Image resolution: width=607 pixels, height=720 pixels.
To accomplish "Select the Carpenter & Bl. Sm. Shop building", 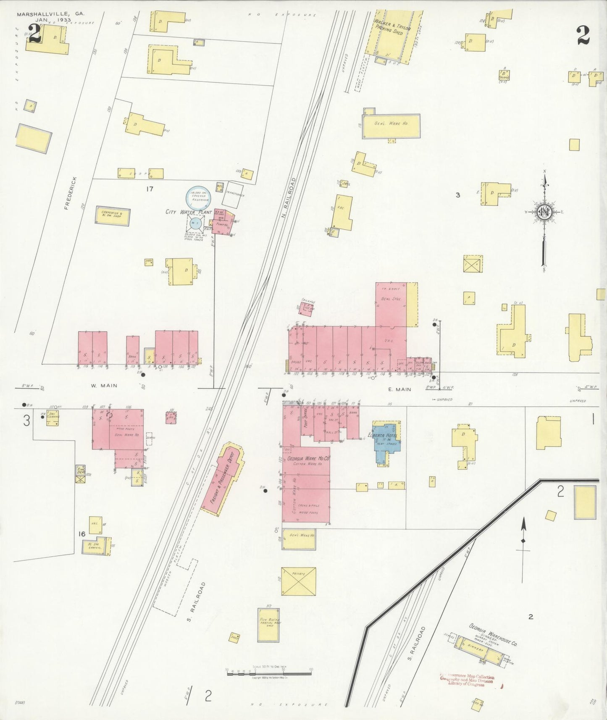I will [x=112, y=215].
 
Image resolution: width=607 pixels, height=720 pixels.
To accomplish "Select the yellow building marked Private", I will [x=298, y=581].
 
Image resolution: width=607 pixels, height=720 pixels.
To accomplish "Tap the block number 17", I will [x=150, y=189].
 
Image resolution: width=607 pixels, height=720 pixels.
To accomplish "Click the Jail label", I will [x=345, y=184].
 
